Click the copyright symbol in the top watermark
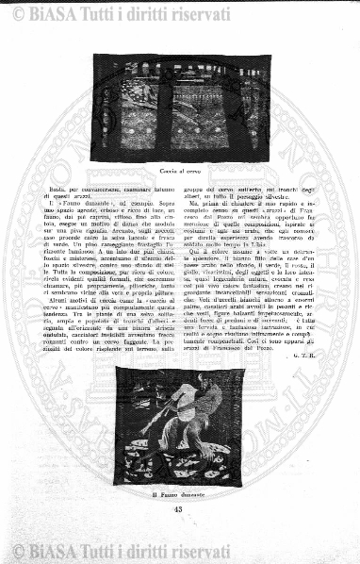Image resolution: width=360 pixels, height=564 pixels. (14, 11)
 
